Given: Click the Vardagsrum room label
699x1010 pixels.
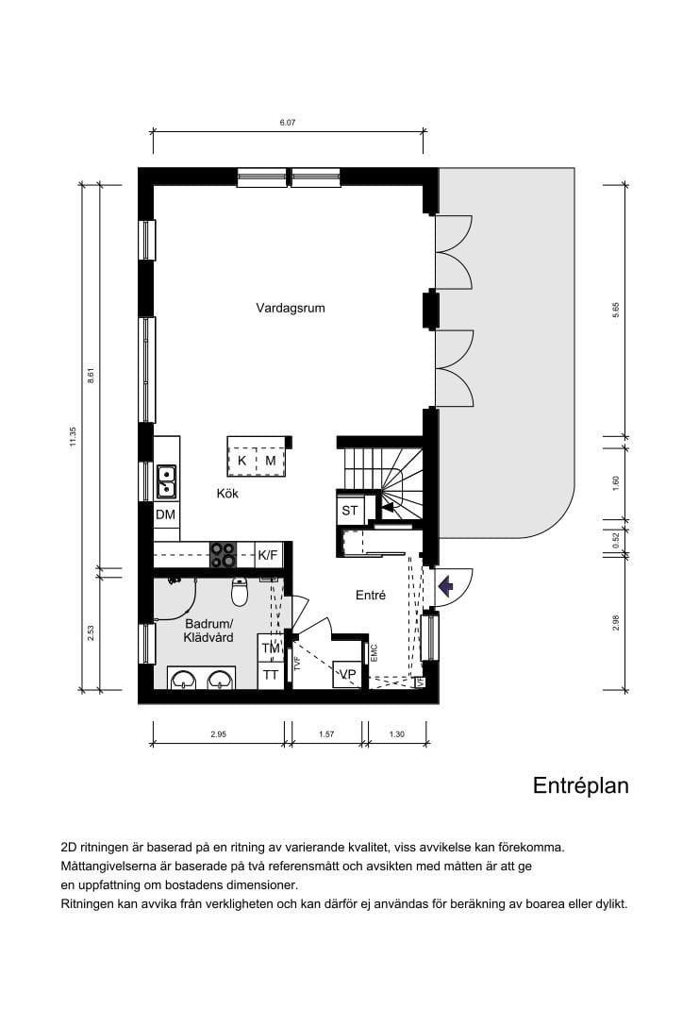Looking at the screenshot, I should click(290, 308).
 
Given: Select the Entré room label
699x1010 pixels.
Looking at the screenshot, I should click(371, 596).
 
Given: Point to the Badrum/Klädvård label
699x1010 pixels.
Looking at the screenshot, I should click(208, 631).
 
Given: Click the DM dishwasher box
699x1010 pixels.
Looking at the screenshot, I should click(166, 514).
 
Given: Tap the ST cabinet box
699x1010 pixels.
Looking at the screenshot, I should click(351, 510).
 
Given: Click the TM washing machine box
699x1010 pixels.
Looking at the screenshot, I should click(271, 648).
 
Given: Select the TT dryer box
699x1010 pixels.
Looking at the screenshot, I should click(271, 674).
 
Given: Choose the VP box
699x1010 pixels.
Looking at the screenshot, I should click(348, 674).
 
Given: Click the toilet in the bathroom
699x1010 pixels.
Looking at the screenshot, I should click(240, 593).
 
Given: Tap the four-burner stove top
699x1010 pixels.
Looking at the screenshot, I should click(224, 554).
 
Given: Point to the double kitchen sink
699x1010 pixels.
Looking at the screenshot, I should click(166, 481).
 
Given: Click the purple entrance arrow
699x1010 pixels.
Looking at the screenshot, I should click(446, 586).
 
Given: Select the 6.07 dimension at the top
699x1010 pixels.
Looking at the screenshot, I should click(288, 123).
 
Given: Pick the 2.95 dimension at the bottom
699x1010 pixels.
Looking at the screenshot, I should click(218, 733).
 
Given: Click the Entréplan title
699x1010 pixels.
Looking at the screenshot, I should click(580, 785).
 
